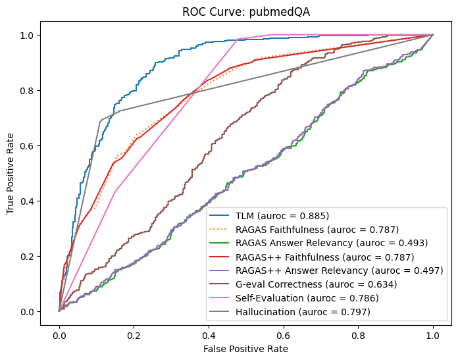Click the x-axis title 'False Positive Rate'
[x=246, y=348]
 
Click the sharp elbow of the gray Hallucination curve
[x=100, y=121]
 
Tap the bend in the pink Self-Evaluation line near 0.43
[x=115, y=192]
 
